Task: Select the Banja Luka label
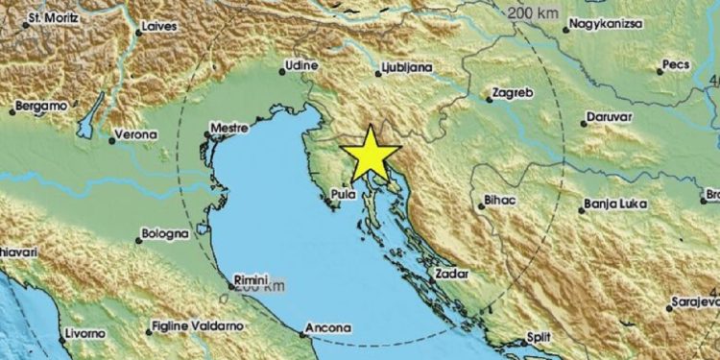pos(614,204)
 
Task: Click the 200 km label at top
pos(531,12)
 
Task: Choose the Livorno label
pos(85,332)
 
